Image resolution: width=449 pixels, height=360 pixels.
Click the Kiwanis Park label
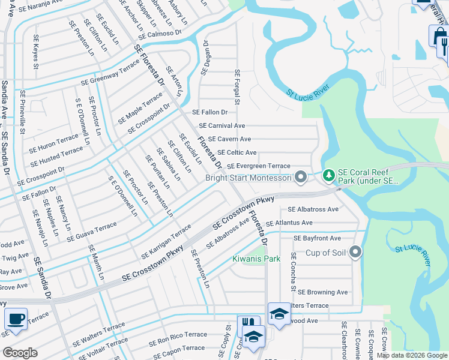coord(256,259)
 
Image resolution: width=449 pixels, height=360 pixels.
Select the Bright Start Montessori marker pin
coord(301,177)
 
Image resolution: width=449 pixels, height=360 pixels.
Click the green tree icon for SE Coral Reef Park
coord(328,176)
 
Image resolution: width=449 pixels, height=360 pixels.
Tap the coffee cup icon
coord(16,319)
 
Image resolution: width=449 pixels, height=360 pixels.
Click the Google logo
coord(20,353)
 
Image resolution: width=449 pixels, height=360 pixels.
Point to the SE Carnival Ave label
coord(222,126)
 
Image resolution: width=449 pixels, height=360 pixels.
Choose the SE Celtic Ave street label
coord(237,153)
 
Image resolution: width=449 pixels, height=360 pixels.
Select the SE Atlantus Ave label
coord(289,222)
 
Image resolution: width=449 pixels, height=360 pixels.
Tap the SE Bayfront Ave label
coord(317,238)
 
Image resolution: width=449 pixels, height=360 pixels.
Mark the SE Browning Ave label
coord(323,292)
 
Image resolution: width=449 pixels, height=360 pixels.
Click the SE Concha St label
coord(294,271)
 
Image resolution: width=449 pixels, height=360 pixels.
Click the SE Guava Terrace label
coord(91,231)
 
